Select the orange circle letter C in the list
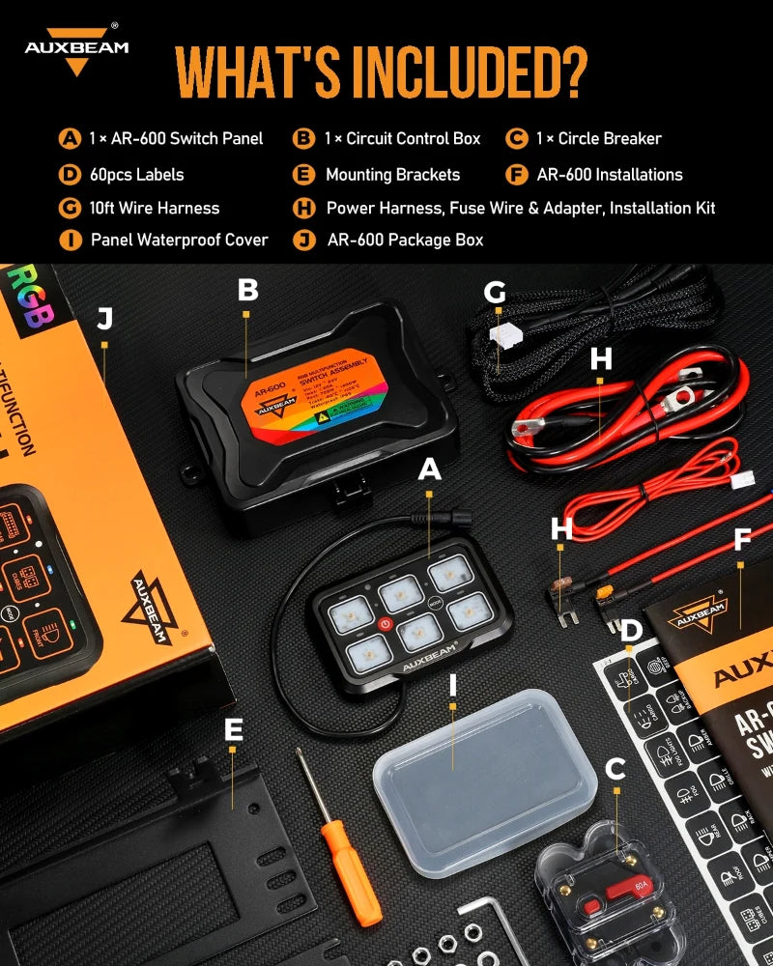click(518, 138)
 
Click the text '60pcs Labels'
click(135, 175)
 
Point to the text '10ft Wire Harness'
click(154, 208)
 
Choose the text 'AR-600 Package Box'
click(405, 240)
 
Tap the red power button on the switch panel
click(384, 623)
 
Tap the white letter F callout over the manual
click(741, 537)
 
